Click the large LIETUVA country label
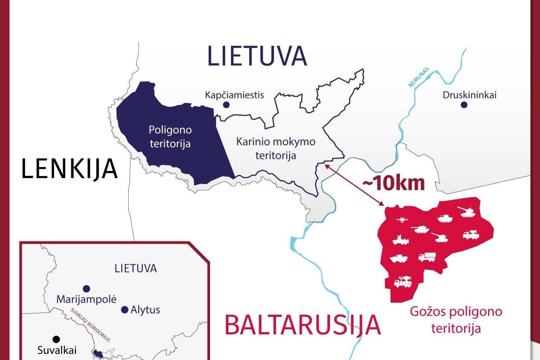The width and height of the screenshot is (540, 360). tap(257, 56)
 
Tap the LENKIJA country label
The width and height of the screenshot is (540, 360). tap(70, 168)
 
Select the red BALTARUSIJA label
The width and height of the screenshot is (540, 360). tap(303, 325)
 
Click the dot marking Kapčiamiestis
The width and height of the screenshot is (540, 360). tap(226, 105)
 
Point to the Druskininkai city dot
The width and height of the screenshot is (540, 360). tap(464, 105)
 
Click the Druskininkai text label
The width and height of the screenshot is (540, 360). tap(469, 95)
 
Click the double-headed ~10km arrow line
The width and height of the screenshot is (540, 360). tap(354, 185)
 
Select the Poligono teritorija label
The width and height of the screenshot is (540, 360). tap(170, 136)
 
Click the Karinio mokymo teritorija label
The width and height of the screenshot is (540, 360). tap(276, 148)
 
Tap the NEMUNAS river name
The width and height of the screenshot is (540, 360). tap(419, 77)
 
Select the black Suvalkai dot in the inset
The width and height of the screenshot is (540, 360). tap(56, 339)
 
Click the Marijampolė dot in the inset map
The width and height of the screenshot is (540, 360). tap(86, 289)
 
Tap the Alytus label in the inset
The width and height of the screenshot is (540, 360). tap(145, 310)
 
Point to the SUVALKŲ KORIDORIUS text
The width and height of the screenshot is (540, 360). tap(90, 325)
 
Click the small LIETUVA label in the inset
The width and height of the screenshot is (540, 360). tap(136, 269)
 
